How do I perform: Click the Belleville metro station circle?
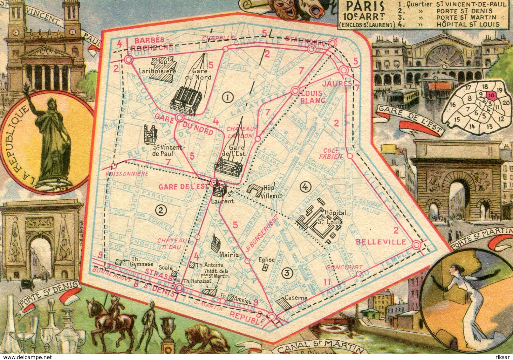coord(417,245)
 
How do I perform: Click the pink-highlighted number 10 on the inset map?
coord(491,95)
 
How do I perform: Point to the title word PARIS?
coord(361,6)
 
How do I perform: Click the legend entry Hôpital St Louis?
coord(468,24)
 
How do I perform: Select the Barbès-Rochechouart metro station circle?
coord(129,59)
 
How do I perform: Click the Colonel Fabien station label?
coord(333,153)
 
